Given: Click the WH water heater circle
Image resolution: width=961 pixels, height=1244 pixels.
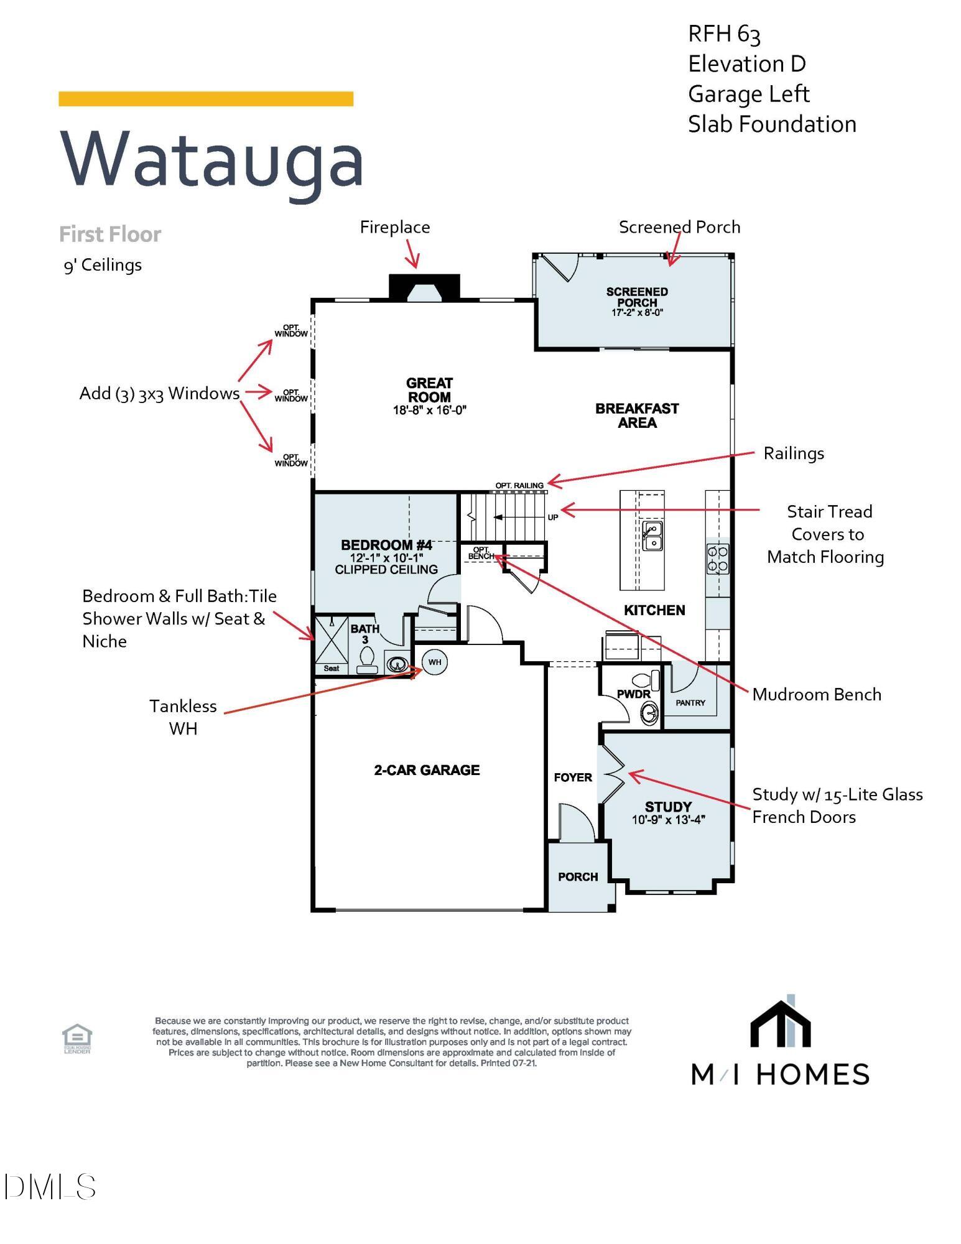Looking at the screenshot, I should coord(435,662).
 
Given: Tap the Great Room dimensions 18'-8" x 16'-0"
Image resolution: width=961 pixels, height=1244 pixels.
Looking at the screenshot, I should coord(429,411).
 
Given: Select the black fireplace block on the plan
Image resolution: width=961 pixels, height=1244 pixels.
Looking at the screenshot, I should coord(424,287).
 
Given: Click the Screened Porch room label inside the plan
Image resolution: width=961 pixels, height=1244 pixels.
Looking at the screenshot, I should coord(637,297).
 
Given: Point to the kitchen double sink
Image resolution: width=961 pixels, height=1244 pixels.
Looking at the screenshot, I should coord(652,536).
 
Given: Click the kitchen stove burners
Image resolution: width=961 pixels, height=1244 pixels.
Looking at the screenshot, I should coord(717,559).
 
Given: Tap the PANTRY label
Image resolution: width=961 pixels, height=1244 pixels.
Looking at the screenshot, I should coord(690,703).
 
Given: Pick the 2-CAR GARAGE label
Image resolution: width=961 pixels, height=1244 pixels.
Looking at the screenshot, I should coord(427,770).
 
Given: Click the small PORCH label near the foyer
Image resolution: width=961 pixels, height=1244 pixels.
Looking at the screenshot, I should coord(578,876).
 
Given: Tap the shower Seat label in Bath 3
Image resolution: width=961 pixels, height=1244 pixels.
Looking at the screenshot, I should coord(332,669).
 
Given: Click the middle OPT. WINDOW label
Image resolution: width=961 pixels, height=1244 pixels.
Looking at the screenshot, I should coord(291,396).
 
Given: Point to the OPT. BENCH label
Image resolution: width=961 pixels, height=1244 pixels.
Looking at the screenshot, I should coord(481,553).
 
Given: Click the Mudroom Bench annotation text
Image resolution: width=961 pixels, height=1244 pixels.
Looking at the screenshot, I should coord(816,694).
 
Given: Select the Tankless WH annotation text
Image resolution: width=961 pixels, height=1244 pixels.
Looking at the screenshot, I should coord(183,717).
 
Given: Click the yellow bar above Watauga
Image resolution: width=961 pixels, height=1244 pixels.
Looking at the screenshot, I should coord(206,99).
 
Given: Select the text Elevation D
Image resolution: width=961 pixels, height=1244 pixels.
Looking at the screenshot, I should coord(746,63).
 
